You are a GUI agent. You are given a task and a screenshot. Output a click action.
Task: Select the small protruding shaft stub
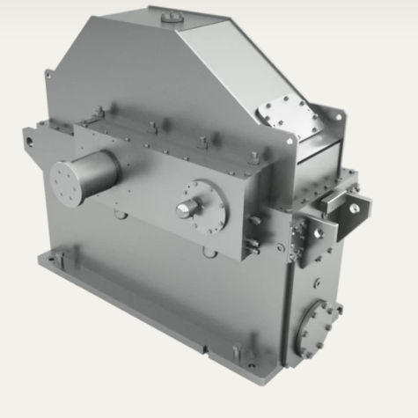[186, 208]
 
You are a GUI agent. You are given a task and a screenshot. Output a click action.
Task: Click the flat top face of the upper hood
[189, 22]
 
